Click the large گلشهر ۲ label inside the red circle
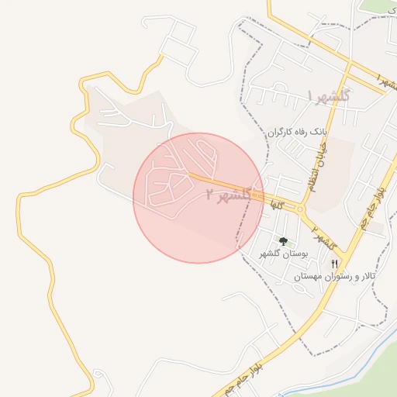(x=230, y=195)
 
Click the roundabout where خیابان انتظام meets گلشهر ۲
(x=300, y=209)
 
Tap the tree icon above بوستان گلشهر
(x=284, y=241)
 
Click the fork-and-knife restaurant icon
(x=334, y=264)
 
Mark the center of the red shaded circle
(x=198, y=198)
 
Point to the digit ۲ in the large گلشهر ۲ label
(x=211, y=195)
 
